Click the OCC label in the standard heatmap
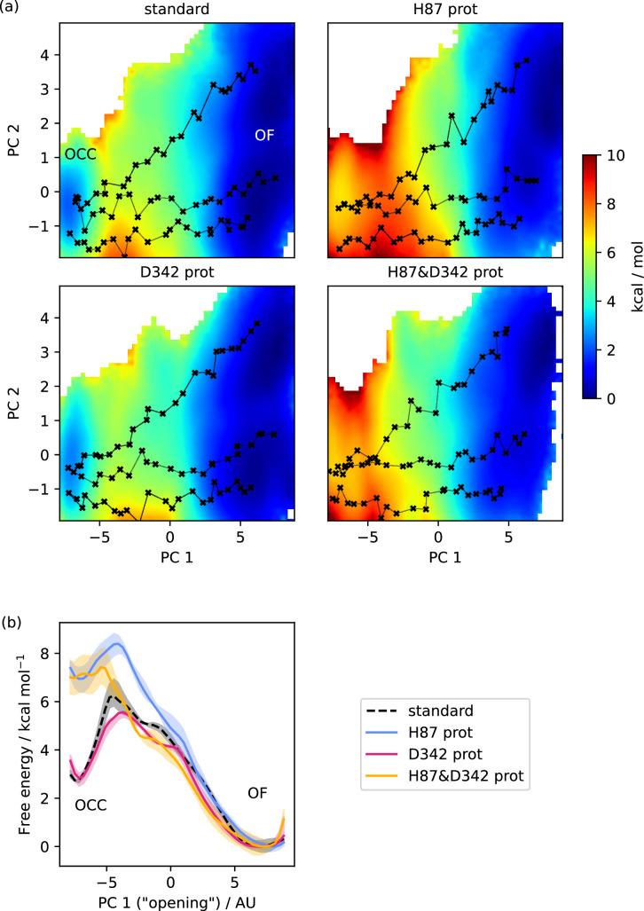(x=80, y=153)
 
